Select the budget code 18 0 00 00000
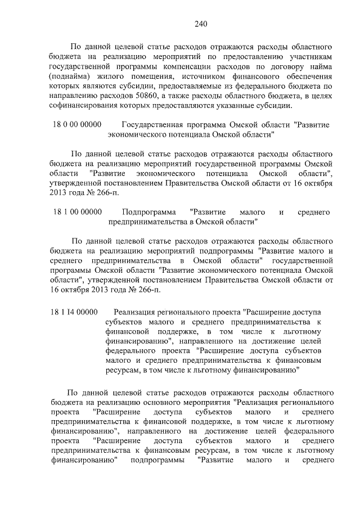pyautogui.click(x=76, y=124)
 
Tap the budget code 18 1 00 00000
pyautogui.click(x=78, y=212)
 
